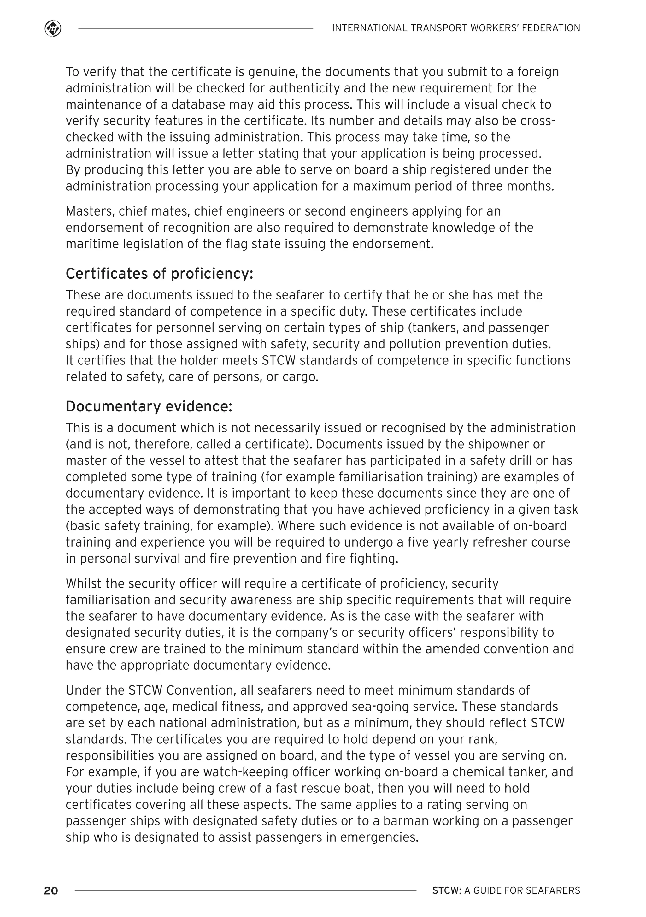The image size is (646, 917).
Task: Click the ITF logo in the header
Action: (53, 29)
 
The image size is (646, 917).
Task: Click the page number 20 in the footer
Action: (51, 890)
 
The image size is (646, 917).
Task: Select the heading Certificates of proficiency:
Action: (159, 274)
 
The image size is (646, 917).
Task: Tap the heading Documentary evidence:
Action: (149, 406)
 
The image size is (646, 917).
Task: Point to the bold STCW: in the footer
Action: (446, 890)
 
